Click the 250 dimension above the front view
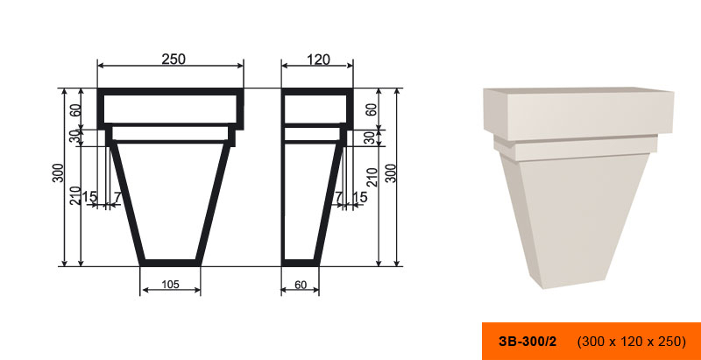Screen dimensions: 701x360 [x=173, y=59]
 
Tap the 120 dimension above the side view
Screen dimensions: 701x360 [x=318, y=60]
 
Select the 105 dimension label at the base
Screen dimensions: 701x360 [x=170, y=284]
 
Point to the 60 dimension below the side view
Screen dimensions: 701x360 [x=301, y=285]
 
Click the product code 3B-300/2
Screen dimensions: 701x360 [x=528, y=342]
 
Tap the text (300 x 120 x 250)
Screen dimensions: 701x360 [x=632, y=342]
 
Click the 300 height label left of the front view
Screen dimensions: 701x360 [x=58, y=173]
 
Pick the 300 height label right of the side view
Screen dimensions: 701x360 [x=391, y=173]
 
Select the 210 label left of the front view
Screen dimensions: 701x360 [x=74, y=195]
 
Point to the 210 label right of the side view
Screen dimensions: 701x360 [x=372, y=177]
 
